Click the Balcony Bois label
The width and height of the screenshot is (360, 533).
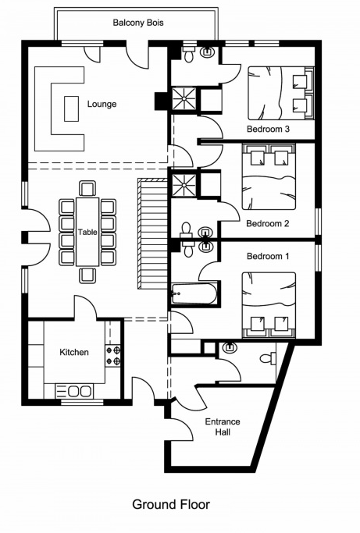coord(138,23)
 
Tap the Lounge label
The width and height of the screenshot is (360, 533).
coord(102,104)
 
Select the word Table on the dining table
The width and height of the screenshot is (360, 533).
coord(87,233)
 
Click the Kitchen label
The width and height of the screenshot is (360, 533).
coord(74,352)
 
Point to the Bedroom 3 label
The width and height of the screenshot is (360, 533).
coord(268,129)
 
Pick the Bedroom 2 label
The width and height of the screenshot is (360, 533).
coord(268,223)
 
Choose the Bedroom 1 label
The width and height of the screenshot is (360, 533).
coord(268,256)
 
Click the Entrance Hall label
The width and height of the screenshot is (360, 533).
coord(223,427)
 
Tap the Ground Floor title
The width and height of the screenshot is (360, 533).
coord(171,504)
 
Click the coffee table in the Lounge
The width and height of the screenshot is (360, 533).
coord(71,108)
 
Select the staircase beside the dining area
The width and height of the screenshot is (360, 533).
coord(152,234)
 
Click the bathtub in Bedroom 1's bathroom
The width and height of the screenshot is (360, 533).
coord(194,293)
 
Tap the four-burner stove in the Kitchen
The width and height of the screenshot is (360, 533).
coord(113,355)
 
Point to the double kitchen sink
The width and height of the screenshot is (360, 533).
coord(74,391)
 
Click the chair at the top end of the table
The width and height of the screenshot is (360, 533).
coord(87,188)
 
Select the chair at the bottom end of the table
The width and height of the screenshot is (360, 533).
coord(87,275)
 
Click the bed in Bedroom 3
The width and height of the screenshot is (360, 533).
coord(280,93)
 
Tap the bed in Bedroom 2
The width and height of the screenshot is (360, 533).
coord(269,177)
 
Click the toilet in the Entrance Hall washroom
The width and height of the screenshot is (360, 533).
coord(268,358)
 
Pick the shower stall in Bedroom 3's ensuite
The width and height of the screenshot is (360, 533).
coord(184,98)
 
